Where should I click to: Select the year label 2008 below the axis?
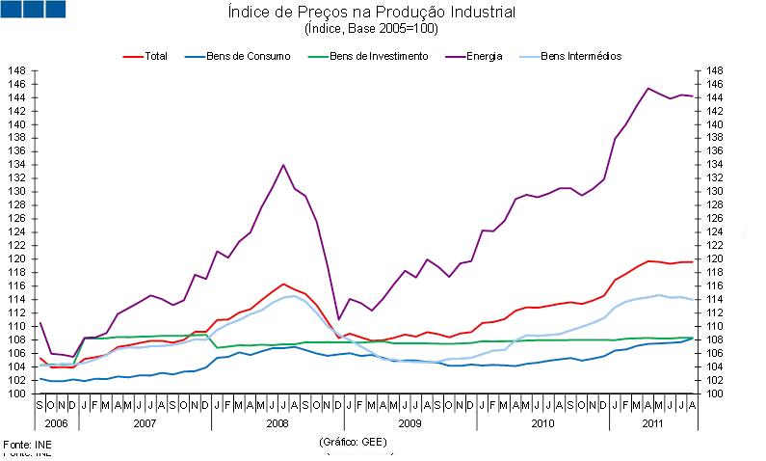click(277, 424)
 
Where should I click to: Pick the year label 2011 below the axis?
click(651, 424)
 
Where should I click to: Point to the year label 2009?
click(409, 424)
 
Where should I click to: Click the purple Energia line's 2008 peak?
click(283, 165)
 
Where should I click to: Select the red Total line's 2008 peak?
click(283, 284)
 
